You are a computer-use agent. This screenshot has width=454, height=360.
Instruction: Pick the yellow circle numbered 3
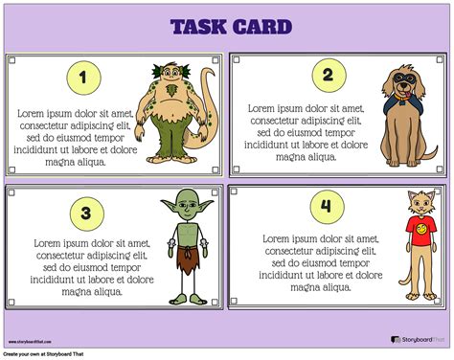pyautogui.click(x=84, y=213)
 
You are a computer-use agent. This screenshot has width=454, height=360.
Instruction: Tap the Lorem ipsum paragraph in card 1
pyautogui.click(x=74, y=137)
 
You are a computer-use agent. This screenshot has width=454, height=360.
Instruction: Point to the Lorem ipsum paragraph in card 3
pyautogui.click(x=81, y=268)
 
